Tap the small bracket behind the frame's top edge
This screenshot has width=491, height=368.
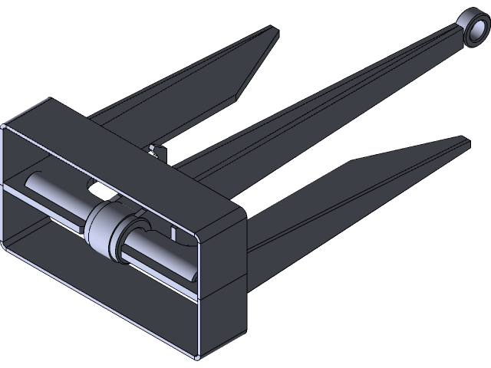click(158, 150)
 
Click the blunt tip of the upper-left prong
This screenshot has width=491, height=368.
click(273, 32)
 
